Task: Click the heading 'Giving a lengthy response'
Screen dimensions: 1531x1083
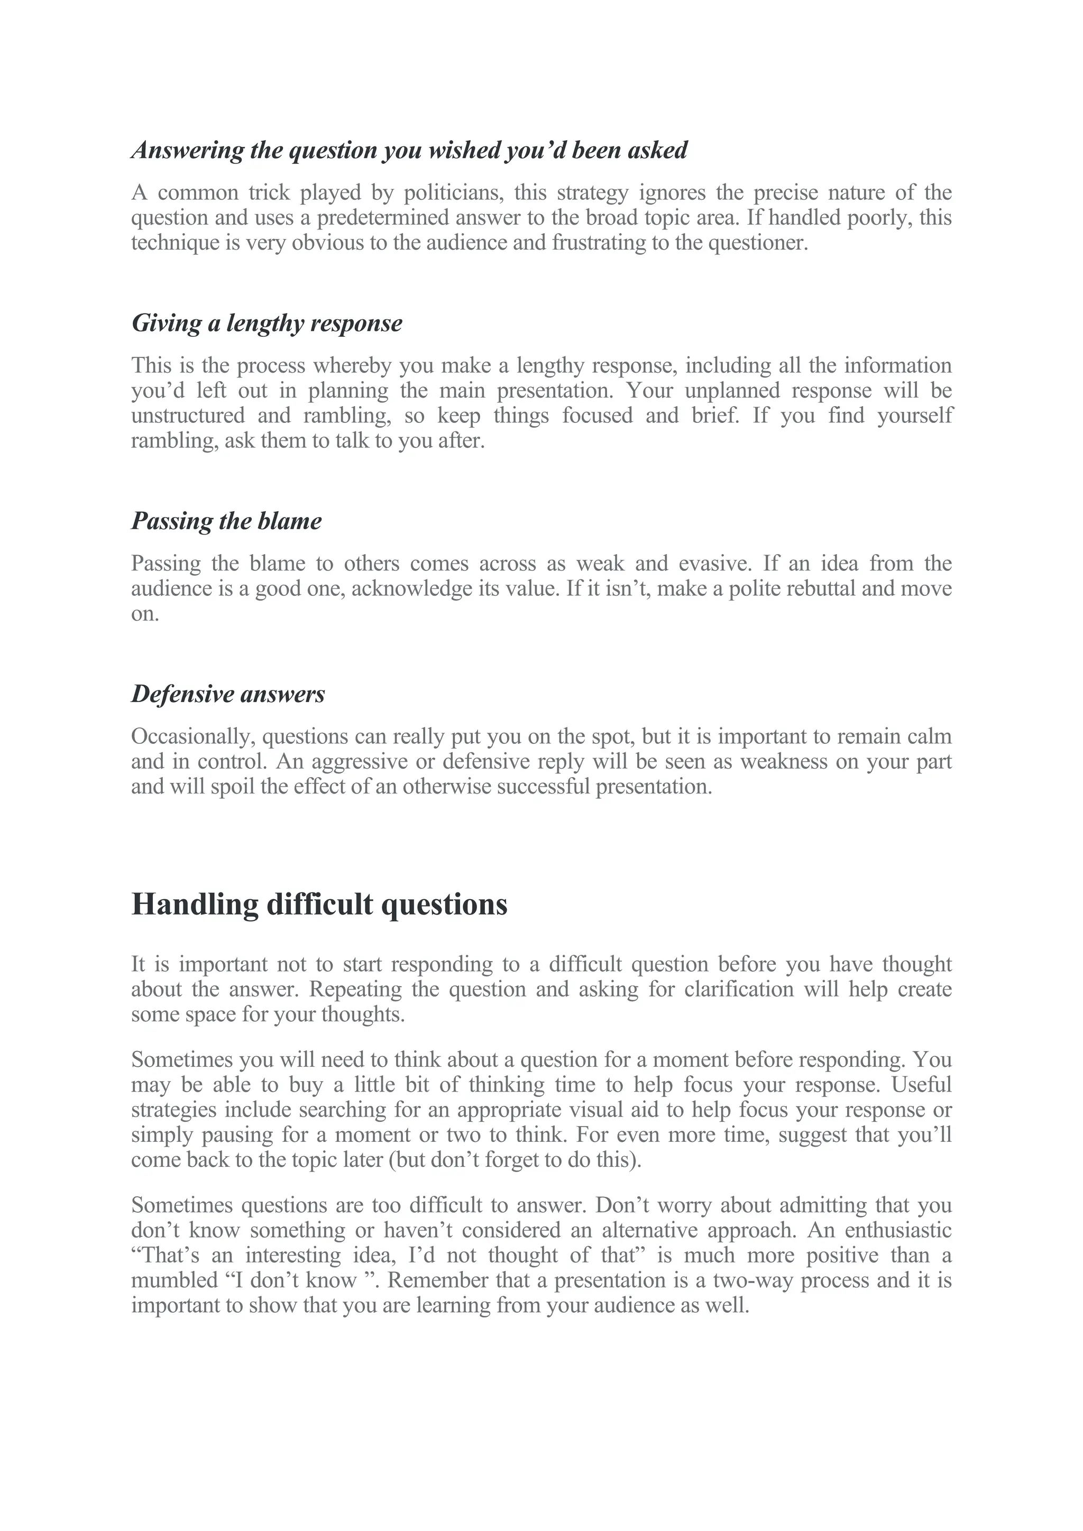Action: click(267, 324)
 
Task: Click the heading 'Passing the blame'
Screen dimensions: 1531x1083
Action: click(226, 521)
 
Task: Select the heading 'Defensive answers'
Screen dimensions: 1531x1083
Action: click(228, 694)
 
